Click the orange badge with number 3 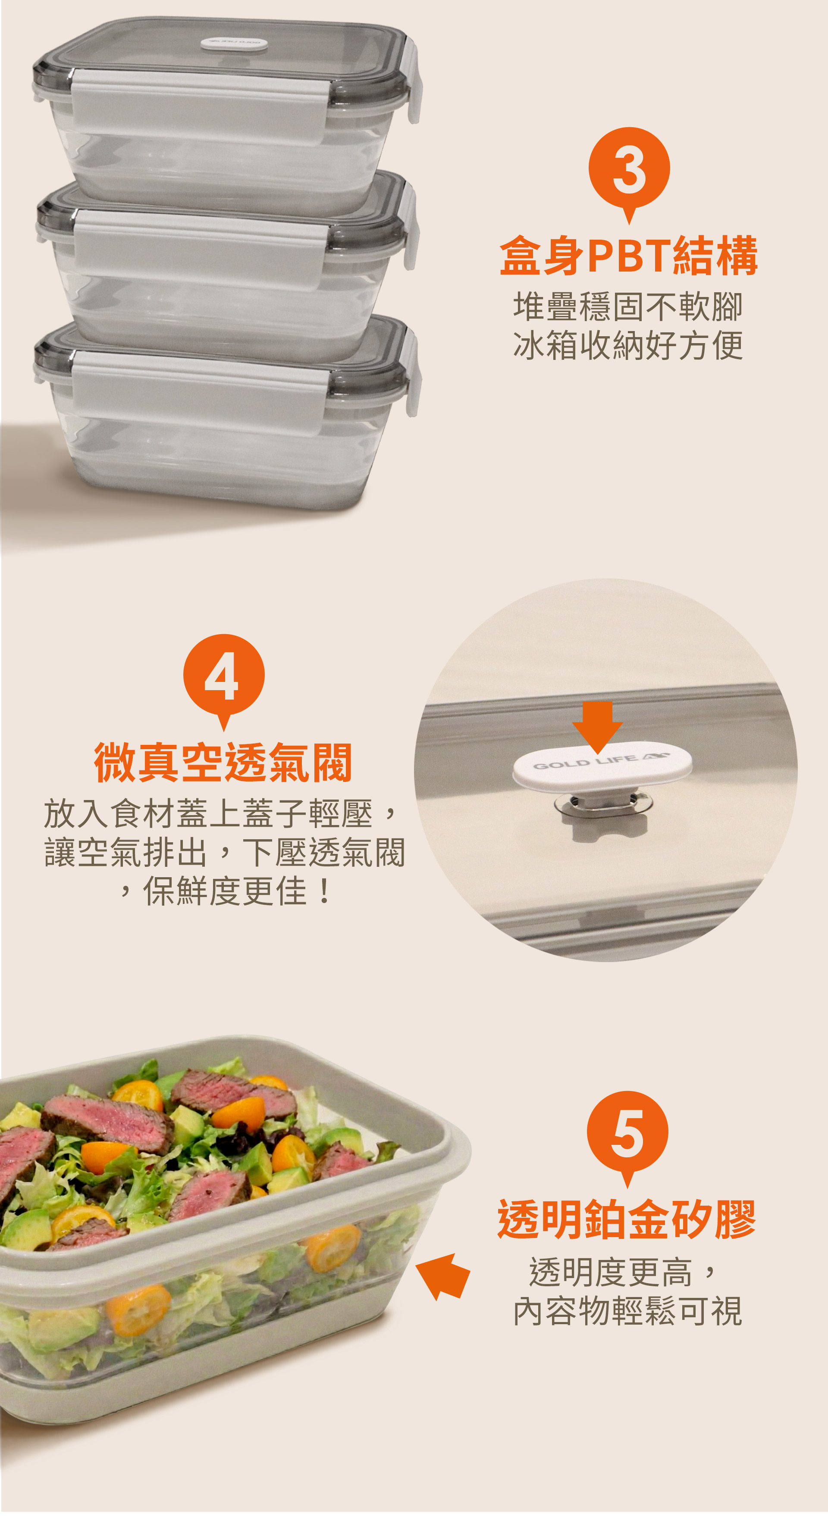(x=629, y=171)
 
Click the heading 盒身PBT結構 (x=628, y=256)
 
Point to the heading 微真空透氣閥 (x=223, y=762)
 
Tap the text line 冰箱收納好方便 (x=628, y=345)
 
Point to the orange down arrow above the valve (x=597, y=728)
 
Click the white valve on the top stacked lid (x=234, y=43)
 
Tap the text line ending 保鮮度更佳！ (x=226, y=891)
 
